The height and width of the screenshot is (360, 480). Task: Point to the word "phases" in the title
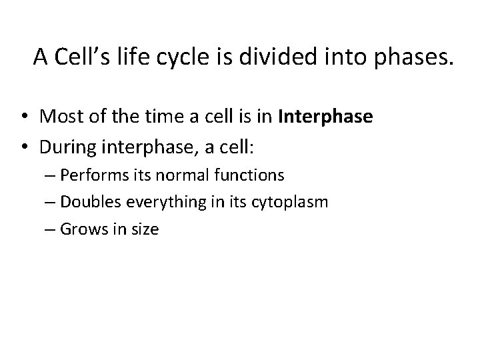tap(413, 59)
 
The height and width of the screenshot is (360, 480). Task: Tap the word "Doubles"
tap(87, 203)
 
